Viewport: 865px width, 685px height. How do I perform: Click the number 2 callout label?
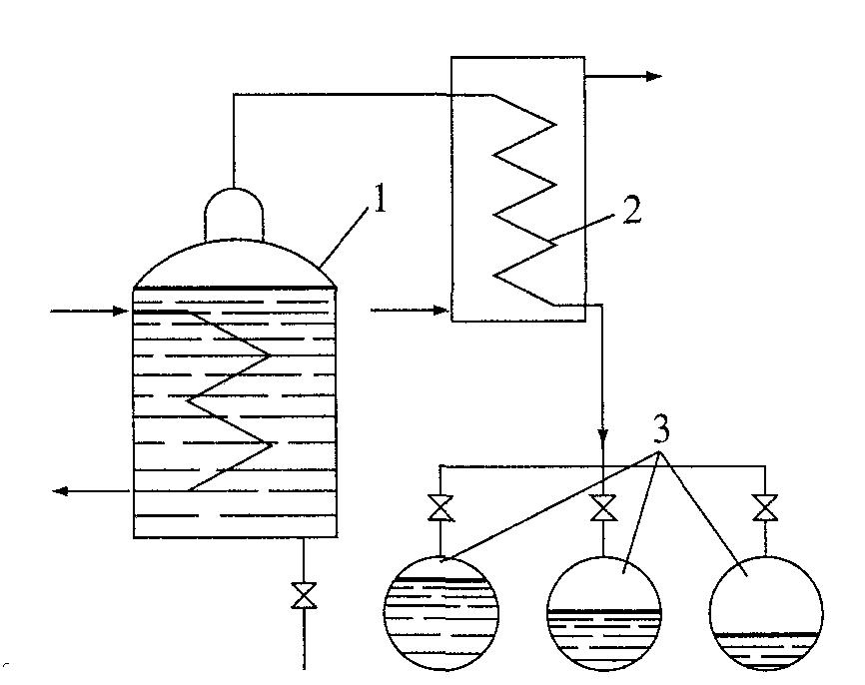632,211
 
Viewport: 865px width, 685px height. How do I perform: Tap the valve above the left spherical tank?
439,508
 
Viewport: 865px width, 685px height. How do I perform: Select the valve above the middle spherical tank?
602,508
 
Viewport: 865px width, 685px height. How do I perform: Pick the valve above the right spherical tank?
766,508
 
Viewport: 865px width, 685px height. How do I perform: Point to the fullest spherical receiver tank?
441,613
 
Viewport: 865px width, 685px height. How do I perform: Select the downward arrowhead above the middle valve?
602,437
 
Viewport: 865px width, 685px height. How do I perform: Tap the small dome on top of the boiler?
234,215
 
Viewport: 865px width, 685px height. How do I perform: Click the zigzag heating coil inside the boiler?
230,399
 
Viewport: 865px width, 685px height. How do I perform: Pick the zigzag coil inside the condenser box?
524,200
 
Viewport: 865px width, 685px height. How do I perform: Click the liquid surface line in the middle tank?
604,609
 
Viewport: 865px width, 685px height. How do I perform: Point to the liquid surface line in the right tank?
766,634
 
